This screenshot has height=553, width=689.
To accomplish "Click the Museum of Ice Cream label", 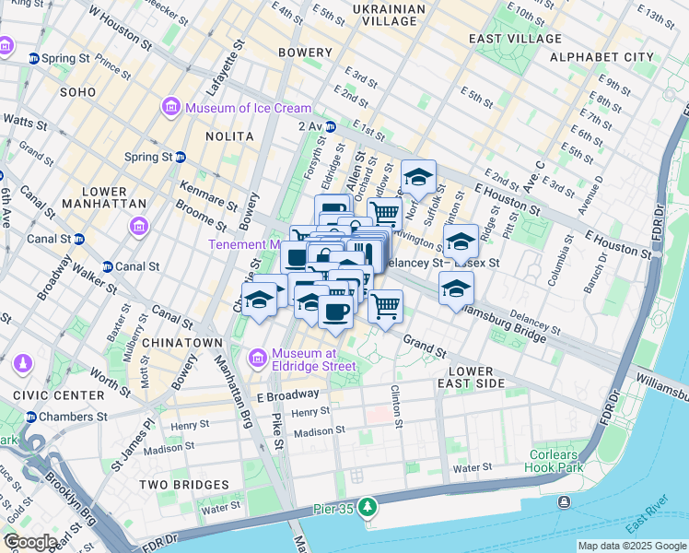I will (x=248, y=109).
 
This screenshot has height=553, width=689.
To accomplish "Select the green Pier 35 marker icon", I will (x=368, y=507).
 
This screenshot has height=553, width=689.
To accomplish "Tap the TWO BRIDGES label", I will (x=183, y=485).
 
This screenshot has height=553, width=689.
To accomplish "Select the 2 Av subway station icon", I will (x=330, y=126).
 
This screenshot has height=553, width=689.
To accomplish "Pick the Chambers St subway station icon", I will (x=31, y=417).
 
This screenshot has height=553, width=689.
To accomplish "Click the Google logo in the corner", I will (x=30, y=542).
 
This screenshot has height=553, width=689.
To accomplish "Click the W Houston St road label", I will (x=120, y=28).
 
